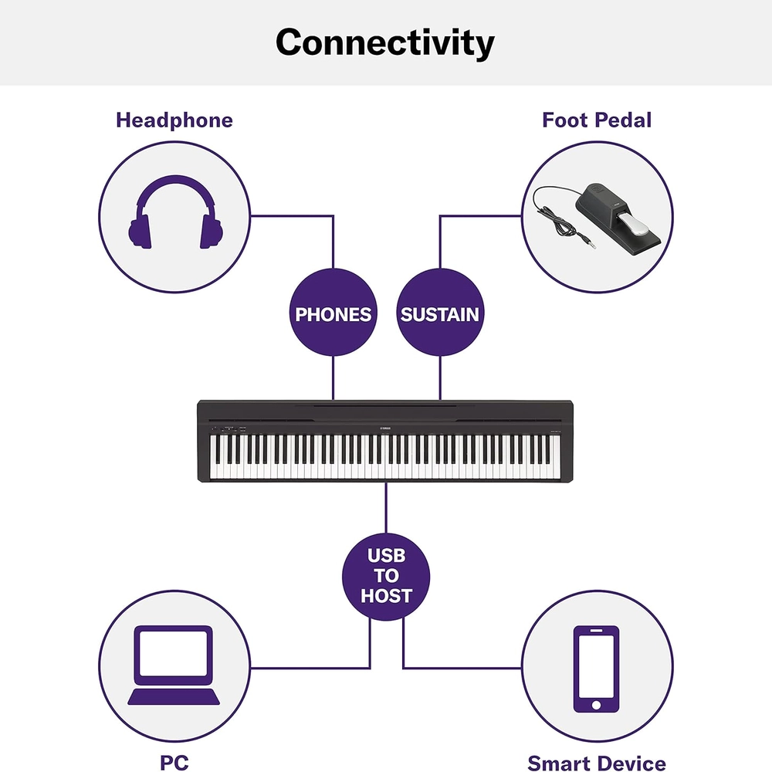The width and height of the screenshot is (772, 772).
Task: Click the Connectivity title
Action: [x=385, y=42]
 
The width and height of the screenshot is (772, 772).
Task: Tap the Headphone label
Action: [x=174, y=120]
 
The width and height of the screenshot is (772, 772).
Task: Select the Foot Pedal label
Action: [x=597, y=120]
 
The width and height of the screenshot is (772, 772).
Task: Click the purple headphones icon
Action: [x=176, y=212]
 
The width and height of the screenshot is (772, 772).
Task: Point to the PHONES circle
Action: [x=334, y=312]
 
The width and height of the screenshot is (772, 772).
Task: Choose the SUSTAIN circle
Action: [x=440, y=312]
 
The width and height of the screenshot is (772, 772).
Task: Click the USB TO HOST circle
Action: [x=386, y=577]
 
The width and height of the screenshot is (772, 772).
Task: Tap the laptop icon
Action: [x=174, y=665]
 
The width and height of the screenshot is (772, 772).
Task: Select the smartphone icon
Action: [x=596, y=669]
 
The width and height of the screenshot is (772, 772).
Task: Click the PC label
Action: [x=174, y=763]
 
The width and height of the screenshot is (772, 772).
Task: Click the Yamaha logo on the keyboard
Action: [x=385, y=428]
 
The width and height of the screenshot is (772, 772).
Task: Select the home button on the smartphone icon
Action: [x=596, y=705]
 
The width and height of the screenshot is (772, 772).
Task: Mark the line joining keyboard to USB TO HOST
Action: [x=386, y=508]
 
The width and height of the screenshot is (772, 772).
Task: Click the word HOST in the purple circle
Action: [x=386, y=596]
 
